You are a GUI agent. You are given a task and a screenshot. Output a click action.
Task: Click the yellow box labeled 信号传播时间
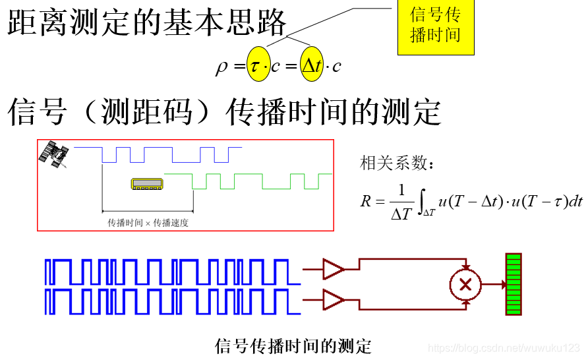click(x=436, y=26)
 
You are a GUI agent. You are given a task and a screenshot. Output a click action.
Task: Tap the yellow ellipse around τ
click(x=258, y=65)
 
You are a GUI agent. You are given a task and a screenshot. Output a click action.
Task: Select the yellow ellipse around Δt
click(x=312, y=65)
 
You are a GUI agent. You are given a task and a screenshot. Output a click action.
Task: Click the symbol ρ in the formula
click(x=221, y=66)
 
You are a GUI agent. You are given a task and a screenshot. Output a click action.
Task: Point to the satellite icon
click(x=55, y=154)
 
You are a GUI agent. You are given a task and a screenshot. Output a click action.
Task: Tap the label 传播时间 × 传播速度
click(x=148, y=223)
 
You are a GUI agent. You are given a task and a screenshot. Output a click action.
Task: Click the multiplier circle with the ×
click(x=465, y=284)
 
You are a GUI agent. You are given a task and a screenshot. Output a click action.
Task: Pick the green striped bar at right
click(x=513, y=284)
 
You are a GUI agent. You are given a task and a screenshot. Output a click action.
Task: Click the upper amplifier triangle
click(x=334, y=268)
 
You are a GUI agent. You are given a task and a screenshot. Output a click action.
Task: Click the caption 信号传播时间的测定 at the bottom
click(x=293, y=345)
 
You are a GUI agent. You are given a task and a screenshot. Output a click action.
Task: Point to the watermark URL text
click(x=504, y=347)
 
